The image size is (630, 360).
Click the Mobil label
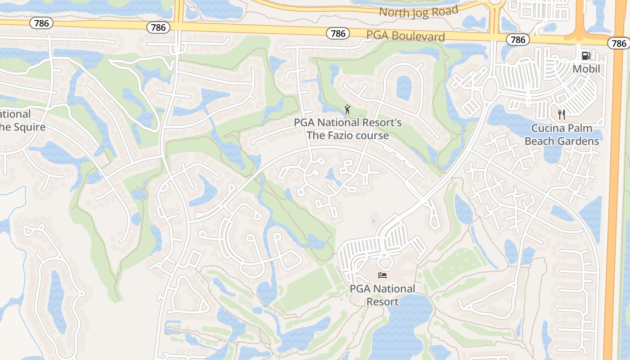586,69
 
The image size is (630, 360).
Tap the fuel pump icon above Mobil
586,56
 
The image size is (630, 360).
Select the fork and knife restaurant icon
561,114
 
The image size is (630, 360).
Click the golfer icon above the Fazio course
347,109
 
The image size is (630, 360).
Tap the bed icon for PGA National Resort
382,275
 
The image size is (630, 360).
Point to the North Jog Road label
418,11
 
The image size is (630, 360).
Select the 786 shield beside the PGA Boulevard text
338,33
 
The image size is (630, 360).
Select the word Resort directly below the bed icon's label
382,301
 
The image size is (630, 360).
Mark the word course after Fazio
373,135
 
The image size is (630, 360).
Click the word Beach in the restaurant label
540,141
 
